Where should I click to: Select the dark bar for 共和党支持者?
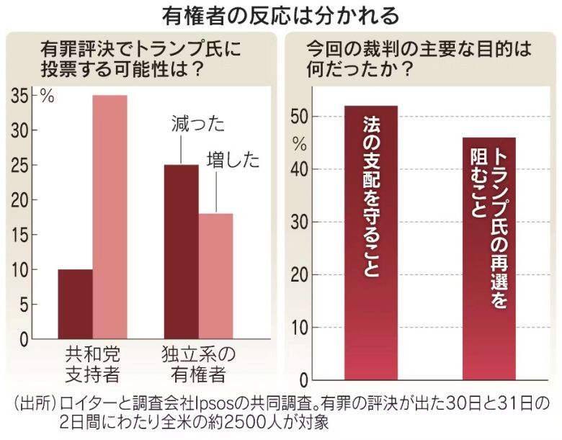tap(75, 304)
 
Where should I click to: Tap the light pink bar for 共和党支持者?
tap(110, 216)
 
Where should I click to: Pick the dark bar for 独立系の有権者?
tap(181, 251)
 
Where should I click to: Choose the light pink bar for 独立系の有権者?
tap(215, 276)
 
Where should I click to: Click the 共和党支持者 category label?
tap(92, 364)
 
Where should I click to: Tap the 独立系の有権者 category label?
tap(198, 364)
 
